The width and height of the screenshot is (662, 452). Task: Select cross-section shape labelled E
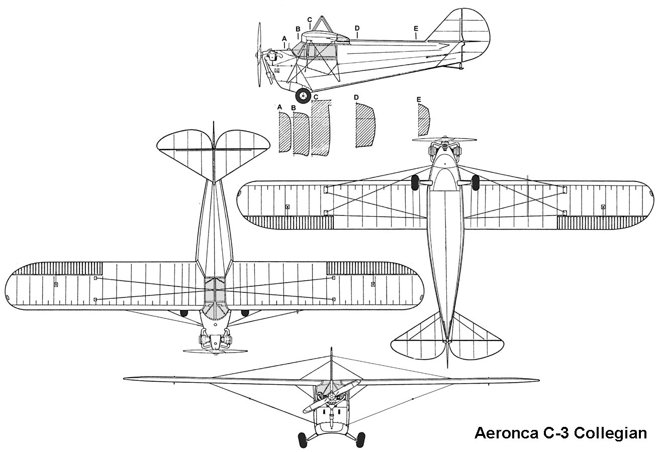(x=424, y=121)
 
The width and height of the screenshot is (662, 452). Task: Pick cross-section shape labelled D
(x=365, y=126)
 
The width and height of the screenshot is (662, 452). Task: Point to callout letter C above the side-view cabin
(x=310, y=20)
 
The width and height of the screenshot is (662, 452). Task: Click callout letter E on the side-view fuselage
(x=416, y=29)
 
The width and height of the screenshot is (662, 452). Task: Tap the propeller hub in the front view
(x=331, y=397)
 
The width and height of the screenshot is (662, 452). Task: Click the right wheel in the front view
(x=360, y=439)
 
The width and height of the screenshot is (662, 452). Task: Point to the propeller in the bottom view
(x=444, y=140)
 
